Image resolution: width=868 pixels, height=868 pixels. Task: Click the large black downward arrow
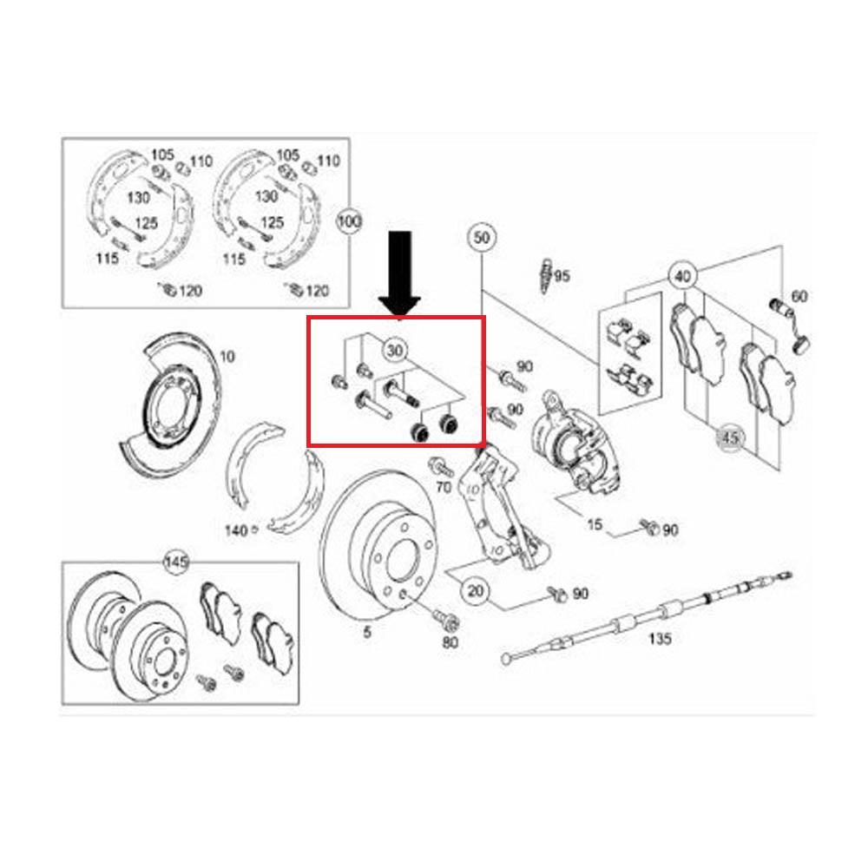pos(399,274)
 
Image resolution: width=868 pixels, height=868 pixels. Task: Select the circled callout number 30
pos(395,351)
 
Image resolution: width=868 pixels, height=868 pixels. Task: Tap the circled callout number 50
pos(482,238)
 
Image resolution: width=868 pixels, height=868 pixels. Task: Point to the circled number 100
pos(349,222)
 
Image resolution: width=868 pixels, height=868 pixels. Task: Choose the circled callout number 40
pos(683,276)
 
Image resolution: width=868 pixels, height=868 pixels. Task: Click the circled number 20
pos(476,591)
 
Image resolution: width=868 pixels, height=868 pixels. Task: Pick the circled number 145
pos(176,562)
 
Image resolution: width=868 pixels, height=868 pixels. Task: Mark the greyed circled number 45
pos(730,437)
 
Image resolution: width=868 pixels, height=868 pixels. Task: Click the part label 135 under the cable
pos(660,639)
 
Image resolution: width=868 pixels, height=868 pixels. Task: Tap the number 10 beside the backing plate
pos(227,357)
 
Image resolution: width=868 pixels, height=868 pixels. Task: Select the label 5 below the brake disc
pos(367,632)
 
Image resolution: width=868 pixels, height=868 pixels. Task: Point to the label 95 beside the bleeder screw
pos(562,276)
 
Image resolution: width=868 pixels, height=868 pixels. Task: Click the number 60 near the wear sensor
pos(799,297)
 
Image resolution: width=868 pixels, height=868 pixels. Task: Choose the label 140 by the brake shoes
pos(236,531)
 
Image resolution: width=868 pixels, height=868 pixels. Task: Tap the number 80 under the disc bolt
pos(450,642)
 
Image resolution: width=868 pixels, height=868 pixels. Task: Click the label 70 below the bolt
pos(444,487)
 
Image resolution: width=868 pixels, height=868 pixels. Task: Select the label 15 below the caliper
pos(595,524)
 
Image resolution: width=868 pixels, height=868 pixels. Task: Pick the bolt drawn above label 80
pos(444,620)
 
